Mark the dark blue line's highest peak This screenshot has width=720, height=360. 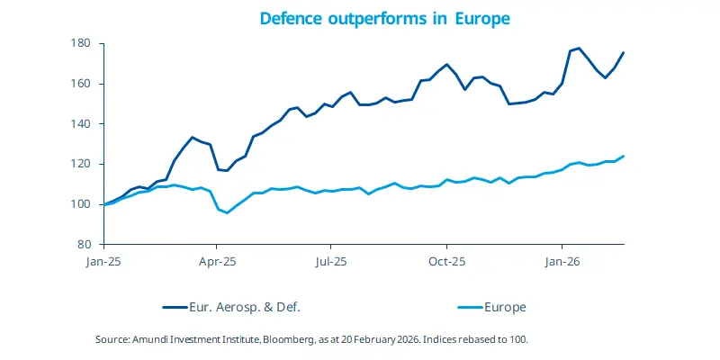[x=579, y=49]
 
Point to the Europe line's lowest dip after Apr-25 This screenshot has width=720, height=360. [x=227, y=212]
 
